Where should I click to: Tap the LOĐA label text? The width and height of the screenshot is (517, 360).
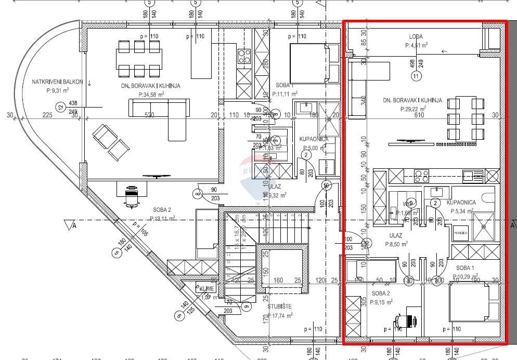click(x=416, y=37)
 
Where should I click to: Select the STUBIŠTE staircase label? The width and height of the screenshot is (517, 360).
click(x=280, y=306)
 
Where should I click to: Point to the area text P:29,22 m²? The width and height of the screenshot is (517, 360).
click(x=413, y=109)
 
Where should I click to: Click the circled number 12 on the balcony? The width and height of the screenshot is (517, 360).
click(x=61, y=108)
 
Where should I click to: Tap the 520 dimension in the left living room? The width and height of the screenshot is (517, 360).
click(x=149, y=115)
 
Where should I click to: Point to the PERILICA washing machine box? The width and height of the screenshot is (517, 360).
click(x=461, y=234)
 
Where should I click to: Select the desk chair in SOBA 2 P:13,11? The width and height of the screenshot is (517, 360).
click(x=132, y=195)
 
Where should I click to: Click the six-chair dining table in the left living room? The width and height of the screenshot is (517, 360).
click(x=138, y=58)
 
